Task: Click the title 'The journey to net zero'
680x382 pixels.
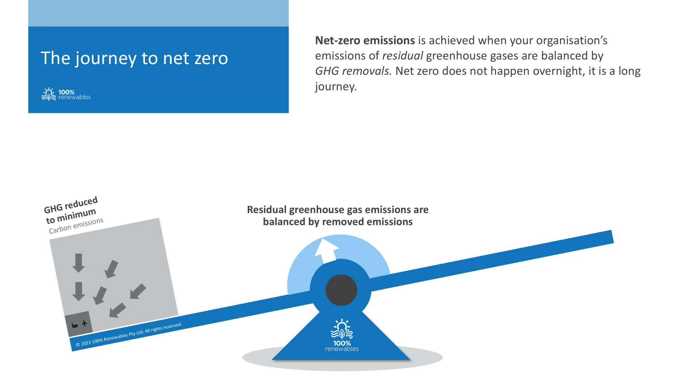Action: click(x=134, y=58)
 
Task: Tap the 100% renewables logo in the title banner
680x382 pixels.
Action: click(x=66, y=94)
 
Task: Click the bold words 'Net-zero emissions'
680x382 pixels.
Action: click(x=365, y=40)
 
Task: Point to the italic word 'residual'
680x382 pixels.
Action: click(x=402, y=56)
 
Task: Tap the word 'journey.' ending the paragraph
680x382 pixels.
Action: click(x=336, y=87)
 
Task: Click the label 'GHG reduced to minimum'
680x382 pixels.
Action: click(x=71, y=210)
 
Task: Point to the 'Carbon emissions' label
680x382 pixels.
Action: click(x=76, y=225)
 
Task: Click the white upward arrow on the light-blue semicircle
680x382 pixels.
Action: click(x=326, y=250)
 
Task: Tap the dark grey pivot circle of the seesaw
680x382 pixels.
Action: click(x=341, y=290)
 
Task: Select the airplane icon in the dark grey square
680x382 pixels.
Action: click(x=85, y=323)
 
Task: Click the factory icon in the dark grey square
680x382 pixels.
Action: click(x=75, y=326)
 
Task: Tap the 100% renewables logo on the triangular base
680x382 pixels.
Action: click(x=342, y=335)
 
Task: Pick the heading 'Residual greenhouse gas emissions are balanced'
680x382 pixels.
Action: click(x=337, y=216)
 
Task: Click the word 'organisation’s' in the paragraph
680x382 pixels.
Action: click(x=572, y=41)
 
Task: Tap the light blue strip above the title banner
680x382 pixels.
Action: click(x=159, y=13)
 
